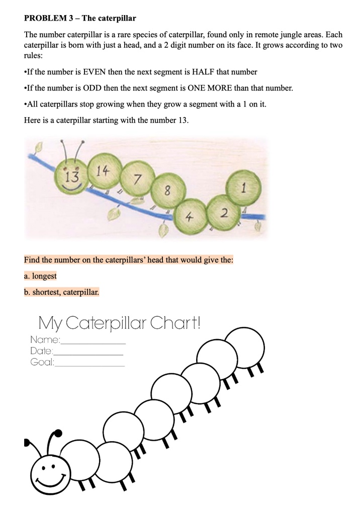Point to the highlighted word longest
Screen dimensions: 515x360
click(44, 276)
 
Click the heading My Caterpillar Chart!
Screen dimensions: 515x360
click(119, 322)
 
